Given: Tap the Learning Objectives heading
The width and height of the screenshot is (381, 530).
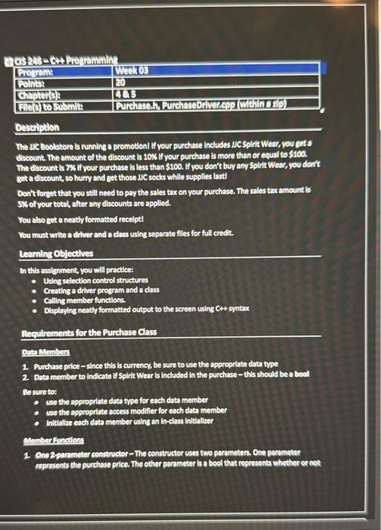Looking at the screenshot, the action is pos(57,254).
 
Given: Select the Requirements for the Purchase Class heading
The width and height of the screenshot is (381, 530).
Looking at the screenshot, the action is pos(89,333).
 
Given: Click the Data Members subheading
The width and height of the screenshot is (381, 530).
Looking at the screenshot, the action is pos(45,351).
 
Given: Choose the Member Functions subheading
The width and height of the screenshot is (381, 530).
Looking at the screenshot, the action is pos(53,439).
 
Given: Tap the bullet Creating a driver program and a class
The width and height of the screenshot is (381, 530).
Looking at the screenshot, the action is pos(101,290).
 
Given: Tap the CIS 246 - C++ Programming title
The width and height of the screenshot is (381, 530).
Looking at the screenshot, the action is pos(67,59).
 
